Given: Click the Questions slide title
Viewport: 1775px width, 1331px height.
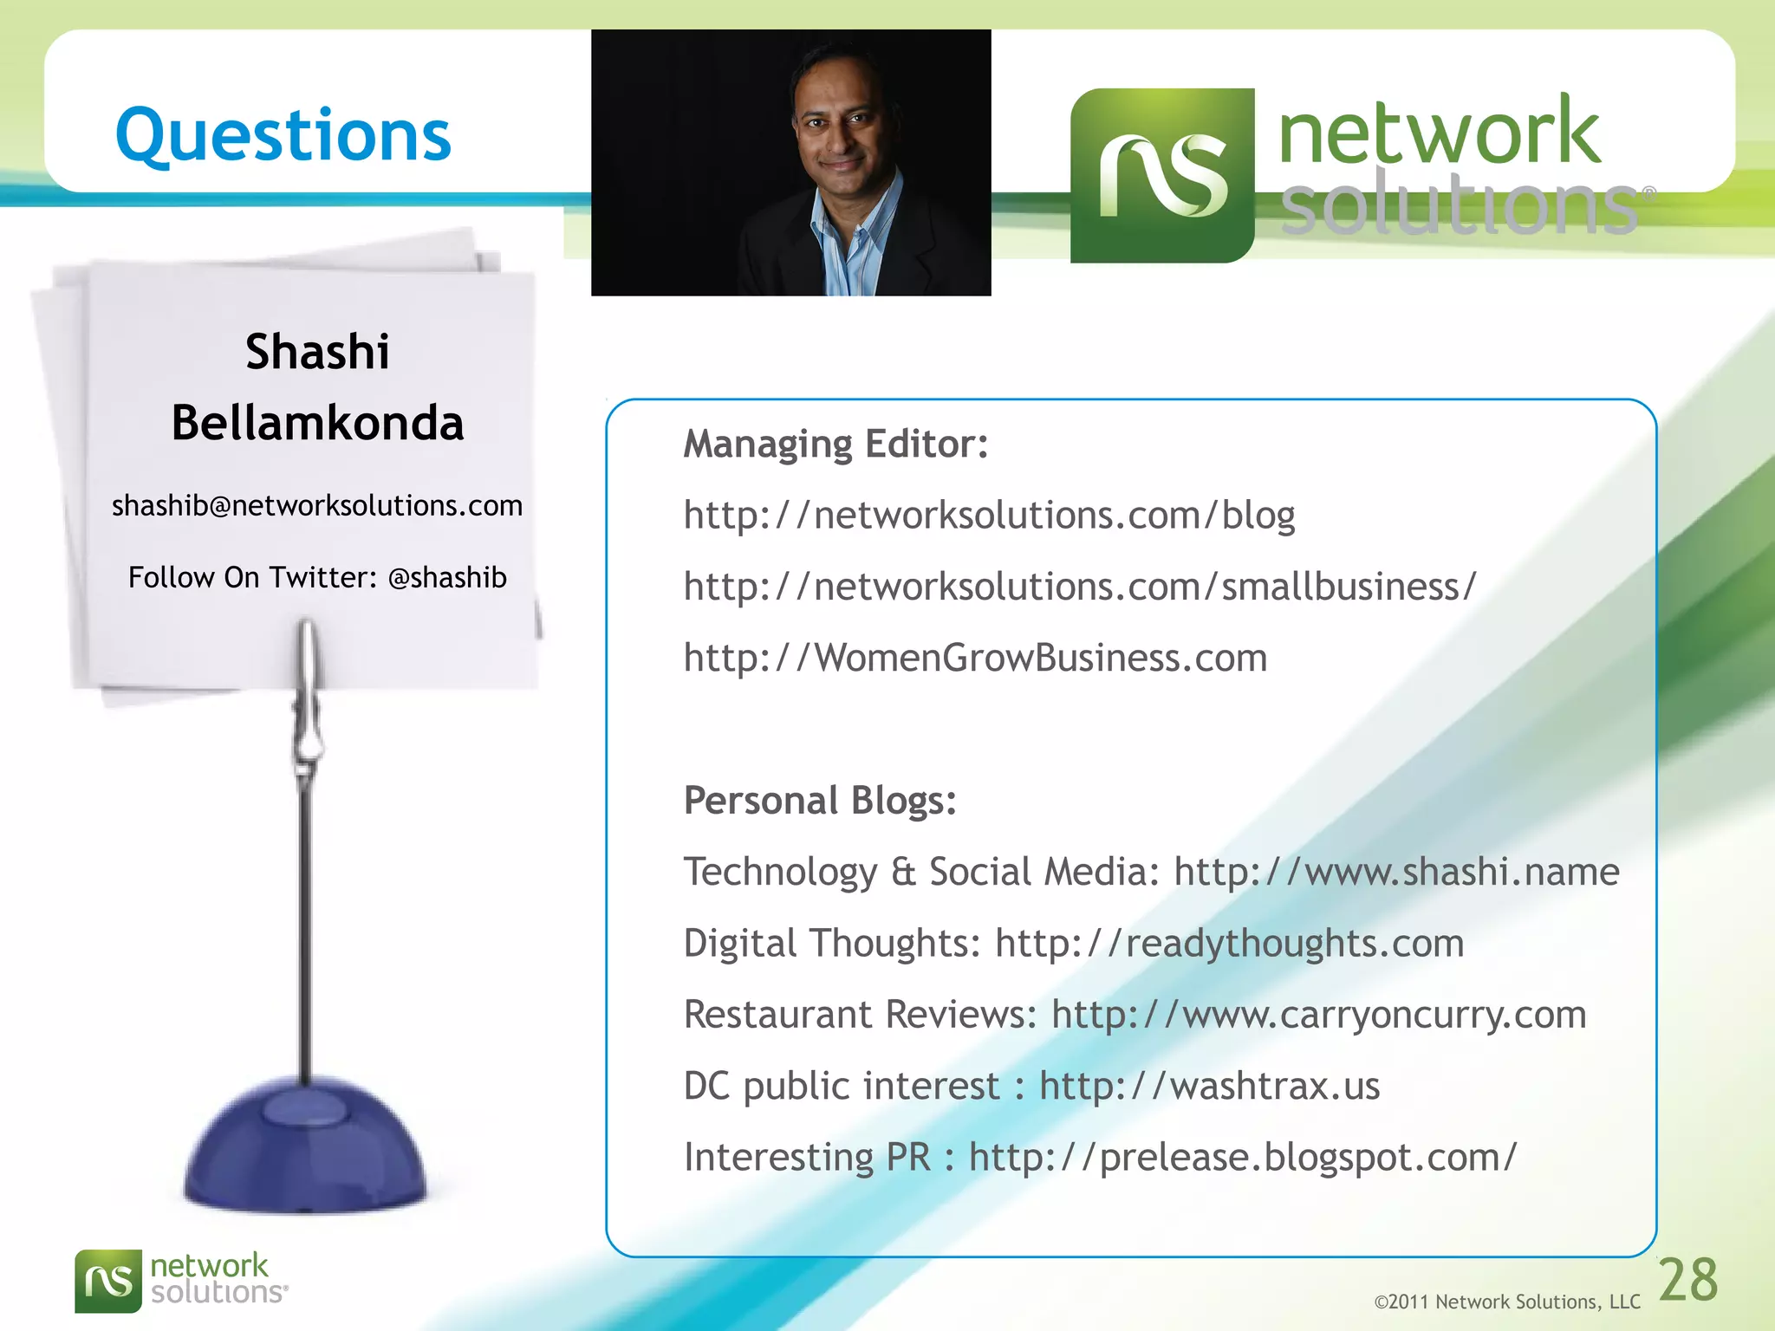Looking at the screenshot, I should (x=283, y=136).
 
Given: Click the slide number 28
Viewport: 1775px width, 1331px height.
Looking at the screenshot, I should (x=1687, y=1280).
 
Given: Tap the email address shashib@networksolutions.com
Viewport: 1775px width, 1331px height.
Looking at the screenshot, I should (x=317, y=505).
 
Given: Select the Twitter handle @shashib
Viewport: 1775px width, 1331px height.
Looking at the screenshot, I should (x=447, y=577).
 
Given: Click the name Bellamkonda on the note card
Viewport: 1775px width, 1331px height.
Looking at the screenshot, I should (x=317, y=423).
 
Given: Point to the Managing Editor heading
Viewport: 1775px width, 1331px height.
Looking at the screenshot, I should (x=835, y=444).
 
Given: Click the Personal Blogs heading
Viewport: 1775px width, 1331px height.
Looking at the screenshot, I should (x=820, y=800).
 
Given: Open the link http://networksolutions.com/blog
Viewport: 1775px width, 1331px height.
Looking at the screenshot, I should (x=989, y=516).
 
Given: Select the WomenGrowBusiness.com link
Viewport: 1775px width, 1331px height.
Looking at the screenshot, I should (x=975, y=658).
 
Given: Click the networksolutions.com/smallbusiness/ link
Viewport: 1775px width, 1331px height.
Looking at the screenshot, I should (x=1079, y=587).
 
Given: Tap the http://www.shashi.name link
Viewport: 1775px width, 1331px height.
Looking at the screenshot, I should (x=1396, y=872).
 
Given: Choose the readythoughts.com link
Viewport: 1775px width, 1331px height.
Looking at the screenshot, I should (x=1229, y=943).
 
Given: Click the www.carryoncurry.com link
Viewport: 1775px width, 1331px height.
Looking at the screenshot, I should (x=1318, y=1015).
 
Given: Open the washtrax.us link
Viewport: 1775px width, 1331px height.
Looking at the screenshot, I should (x=1209, y=1086).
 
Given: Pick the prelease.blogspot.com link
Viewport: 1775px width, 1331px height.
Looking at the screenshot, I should (x=1242, y=1157).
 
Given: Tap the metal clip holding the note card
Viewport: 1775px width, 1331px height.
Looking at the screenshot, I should (x=307, y=693).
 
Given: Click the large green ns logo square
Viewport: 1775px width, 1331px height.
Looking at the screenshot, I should (x=1162, y=175).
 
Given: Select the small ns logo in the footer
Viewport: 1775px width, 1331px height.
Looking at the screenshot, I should (x=108, y=1281).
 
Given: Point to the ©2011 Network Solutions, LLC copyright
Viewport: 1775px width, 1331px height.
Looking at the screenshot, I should (x=1507, y=1302).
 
